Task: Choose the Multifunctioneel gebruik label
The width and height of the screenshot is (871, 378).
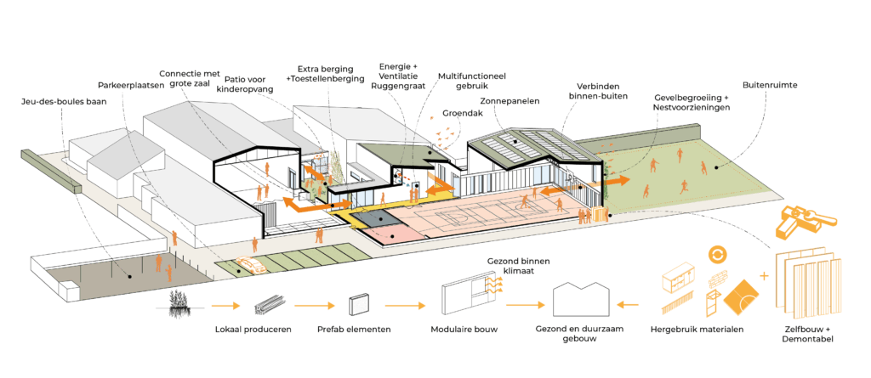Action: click(472, 81)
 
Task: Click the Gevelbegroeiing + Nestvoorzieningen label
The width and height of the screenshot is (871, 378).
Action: click(692, 103)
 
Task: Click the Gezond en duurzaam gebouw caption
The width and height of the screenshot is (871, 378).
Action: click(581, 333)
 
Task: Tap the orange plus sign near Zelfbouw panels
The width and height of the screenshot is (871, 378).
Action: click(763, 275)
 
